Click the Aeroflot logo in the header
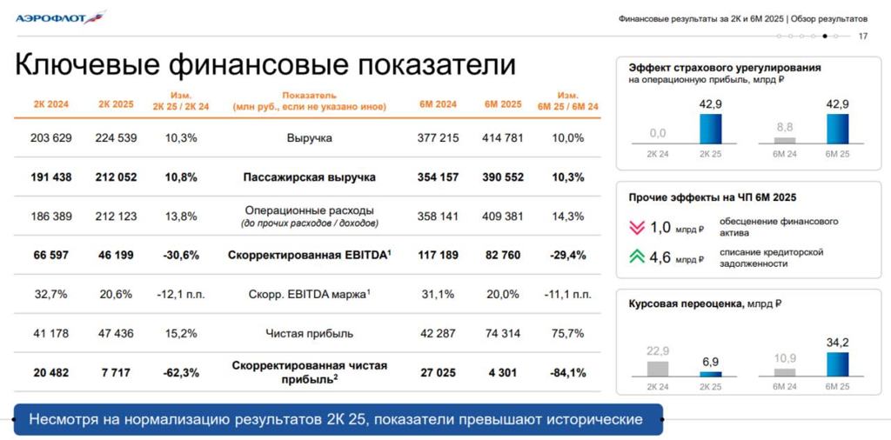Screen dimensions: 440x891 (60, 17)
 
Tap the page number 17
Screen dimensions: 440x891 (862, 36)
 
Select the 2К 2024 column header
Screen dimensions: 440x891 (51, 104)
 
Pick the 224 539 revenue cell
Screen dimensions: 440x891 (116, 137)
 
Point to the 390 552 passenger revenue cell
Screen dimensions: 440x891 (504, 177)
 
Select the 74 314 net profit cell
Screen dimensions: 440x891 (504, 333)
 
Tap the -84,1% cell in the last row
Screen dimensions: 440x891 (568, 373)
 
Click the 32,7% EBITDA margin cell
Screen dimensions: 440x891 (51, 294)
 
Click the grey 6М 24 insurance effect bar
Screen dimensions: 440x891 (785, 139)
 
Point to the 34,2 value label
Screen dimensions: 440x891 (837, 343)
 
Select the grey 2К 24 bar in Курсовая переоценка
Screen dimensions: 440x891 (658, 368)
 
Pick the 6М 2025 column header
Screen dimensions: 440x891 (504, 104)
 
